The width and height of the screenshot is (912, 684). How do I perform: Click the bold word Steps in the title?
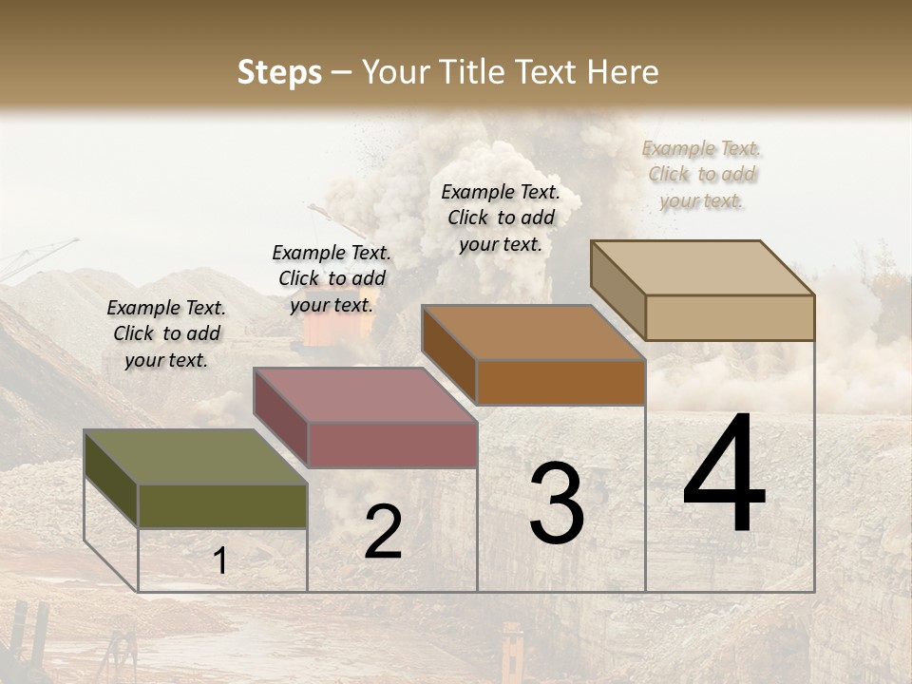[279, 72]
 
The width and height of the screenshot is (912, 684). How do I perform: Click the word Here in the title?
[623, 72]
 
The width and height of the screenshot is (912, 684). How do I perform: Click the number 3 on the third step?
[557, 503]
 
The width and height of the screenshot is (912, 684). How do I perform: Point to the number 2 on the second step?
[383, 532]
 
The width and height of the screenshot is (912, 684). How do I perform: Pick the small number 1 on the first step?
[219, 560]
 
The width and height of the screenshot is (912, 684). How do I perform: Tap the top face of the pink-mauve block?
[366, 395]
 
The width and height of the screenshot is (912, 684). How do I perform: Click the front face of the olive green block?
[222, 505]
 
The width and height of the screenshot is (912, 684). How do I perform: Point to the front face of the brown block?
[560, 383]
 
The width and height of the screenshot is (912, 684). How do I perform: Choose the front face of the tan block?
[730, 317]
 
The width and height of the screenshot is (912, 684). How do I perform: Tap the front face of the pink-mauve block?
[392, 445]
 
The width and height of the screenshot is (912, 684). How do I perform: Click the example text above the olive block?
[166, 333]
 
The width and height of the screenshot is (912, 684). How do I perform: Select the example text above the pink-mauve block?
[332, 278]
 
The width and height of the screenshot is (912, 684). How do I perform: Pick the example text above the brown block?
[501, 218]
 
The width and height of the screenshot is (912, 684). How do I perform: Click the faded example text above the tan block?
[702, 174]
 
